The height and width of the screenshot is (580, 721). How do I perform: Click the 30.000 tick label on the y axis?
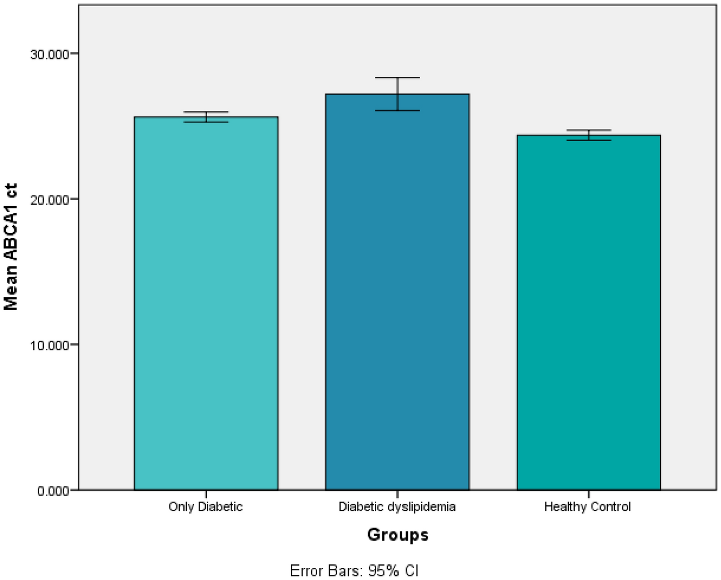point(49,54)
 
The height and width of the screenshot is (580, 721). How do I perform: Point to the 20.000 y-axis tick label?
point(49,200)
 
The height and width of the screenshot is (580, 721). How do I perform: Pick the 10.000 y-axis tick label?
point(49,345)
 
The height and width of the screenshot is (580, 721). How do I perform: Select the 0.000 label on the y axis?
point(52,491)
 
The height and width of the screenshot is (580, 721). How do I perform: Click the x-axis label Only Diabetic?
point(206,507)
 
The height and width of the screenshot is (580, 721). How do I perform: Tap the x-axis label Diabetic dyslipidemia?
point(397,507)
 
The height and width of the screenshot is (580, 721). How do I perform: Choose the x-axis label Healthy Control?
point(588,507)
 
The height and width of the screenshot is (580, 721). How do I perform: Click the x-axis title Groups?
point(398,535)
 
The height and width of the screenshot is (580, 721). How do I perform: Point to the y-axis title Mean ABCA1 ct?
point(11,246)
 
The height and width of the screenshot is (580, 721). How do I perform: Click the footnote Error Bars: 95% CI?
point(354,570)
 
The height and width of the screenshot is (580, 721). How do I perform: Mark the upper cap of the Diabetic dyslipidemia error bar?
point(397,78)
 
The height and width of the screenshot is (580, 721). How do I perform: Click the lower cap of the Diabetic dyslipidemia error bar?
point(397,111)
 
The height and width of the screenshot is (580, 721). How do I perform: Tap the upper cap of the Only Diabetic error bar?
point(206,112)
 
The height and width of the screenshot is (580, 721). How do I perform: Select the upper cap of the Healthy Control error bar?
point(589,130)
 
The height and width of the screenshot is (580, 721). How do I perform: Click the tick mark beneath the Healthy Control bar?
point(589,494)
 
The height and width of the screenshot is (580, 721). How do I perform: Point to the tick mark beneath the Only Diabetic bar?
point(206,494)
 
